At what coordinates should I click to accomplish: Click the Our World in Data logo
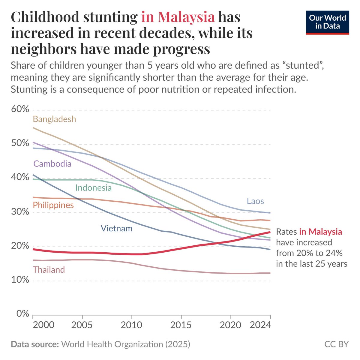(327, 22)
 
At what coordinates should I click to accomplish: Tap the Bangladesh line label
(54, 119)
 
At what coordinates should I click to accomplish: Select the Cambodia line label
(52, 163)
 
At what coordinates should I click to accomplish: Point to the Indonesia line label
(93, 188)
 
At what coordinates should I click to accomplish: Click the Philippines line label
(53, 205)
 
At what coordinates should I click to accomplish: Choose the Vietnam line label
(116, 228)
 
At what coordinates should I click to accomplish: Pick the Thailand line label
(49, 270)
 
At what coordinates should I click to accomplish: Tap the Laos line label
(255, 201)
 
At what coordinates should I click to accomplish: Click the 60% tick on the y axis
(20, 109)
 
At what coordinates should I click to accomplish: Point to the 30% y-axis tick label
(20, 212)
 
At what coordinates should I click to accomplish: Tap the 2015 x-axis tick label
(181, 325)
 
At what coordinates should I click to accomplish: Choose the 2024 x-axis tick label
(260, 325)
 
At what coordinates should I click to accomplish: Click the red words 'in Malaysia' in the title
(178, 17)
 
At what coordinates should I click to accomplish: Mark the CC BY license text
(337, 344)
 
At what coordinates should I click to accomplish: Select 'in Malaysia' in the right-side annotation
(320, 232)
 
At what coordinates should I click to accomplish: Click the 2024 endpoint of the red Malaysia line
(270, 232)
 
